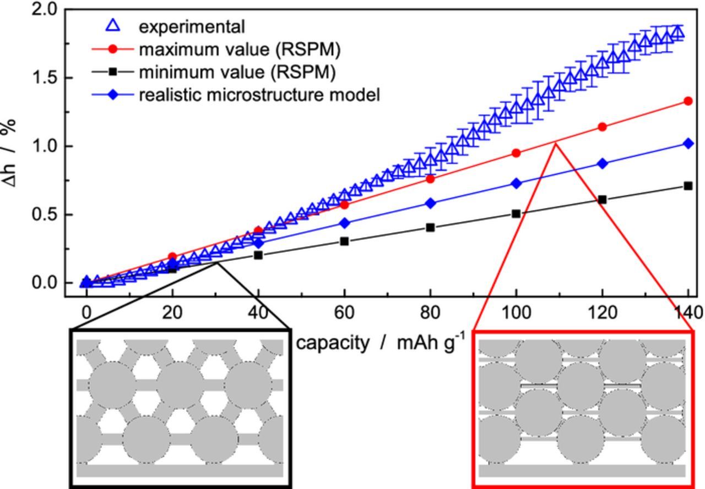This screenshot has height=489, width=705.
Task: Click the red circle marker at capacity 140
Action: tap(688, 101)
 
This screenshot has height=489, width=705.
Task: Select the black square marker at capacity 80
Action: tap(430, 227)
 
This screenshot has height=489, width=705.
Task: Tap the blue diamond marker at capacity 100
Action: tap(516, 183)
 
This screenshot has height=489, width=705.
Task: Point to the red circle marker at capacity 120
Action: tap(602, 127)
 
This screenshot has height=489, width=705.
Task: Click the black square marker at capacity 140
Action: tap(688, 186)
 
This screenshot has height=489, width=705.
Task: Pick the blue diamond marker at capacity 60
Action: tap(344, 223)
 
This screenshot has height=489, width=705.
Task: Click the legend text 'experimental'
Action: tap(192, 26)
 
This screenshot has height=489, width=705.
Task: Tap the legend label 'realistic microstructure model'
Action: tap(259, 95)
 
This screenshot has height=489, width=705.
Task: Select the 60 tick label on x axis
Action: tap(344, 313)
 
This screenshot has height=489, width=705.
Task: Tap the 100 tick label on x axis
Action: tap(516, 313)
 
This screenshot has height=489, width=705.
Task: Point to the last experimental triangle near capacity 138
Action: tap(679, 32)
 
